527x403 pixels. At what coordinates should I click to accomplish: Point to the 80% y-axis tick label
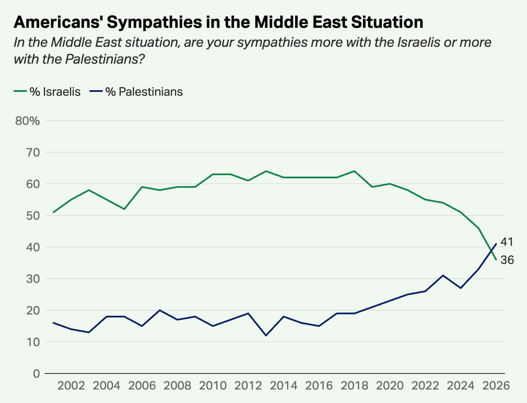27,121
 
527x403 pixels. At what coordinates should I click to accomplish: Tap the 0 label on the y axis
36,373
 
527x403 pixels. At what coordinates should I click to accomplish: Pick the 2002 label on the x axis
71,385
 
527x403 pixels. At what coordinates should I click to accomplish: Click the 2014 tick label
284,385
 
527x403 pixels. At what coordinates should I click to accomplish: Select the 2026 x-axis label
496,385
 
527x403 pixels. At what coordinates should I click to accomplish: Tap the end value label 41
507,242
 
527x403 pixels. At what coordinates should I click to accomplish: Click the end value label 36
507,260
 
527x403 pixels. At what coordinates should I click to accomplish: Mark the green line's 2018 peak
354,171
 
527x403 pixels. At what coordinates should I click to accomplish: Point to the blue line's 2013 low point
266,336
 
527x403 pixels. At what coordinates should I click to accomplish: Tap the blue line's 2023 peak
443,275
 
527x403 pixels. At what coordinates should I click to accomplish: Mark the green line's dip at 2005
124,209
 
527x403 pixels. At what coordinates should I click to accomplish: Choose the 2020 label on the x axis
390,385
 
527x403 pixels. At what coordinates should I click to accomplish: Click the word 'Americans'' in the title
58,22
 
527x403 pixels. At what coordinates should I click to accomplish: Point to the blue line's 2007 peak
160,310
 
